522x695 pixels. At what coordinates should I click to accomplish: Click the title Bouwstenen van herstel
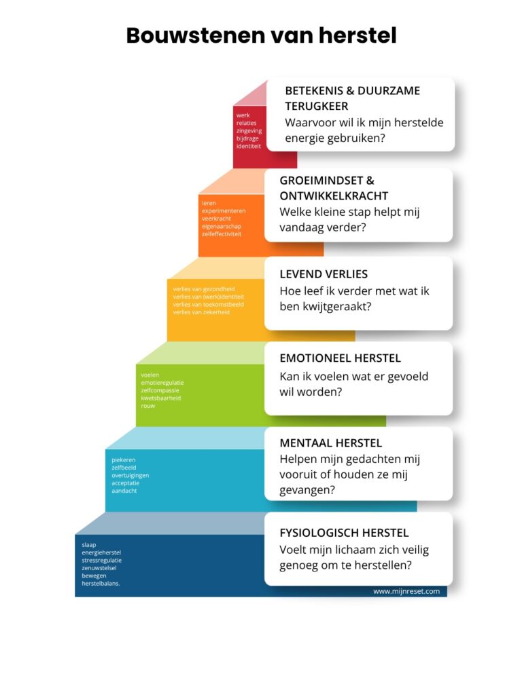(261, 35)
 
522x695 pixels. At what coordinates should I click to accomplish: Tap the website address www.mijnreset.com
(406, 591)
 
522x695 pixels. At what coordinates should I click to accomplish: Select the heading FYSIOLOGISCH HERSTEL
(344, 533)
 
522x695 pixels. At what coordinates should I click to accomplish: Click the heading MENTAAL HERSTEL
(331, 443)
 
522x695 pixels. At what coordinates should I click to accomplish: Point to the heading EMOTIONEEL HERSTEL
(340, 358)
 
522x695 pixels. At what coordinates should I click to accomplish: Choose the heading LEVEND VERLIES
(324, 274)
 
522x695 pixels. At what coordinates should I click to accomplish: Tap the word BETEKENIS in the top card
(314, 91)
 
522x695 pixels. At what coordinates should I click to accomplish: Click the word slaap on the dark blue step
(89, 545)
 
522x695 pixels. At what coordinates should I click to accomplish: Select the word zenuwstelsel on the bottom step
(99, 568)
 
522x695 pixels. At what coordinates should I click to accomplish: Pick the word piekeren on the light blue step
(124, 460)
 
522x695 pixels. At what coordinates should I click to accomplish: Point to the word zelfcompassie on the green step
(160, 390)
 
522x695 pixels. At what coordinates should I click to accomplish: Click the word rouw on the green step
(147, 406)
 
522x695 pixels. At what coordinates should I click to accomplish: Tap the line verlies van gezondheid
(204, 289)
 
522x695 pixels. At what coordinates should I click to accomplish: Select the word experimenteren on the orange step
(223, 211)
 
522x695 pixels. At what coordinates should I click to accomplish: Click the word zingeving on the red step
(249, 131)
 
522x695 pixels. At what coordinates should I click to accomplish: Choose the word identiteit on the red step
(249, 147)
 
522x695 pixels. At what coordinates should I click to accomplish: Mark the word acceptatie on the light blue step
(125, 483)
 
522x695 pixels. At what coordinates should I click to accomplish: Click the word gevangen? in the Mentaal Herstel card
(307, 491)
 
